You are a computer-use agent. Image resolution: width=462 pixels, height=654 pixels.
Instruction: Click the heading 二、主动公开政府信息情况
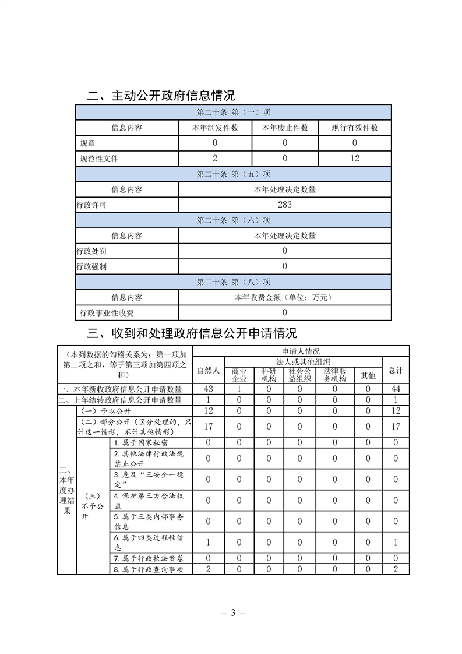click(161, 95)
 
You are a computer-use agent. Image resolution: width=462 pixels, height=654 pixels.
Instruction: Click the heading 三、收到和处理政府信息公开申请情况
click(192, 333)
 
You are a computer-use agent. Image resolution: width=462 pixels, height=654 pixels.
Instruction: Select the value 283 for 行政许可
click(285, 205)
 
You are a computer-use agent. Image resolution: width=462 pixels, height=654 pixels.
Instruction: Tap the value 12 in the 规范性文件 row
click(355, 158)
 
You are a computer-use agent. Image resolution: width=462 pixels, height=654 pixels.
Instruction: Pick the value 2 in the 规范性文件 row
click(215, 158)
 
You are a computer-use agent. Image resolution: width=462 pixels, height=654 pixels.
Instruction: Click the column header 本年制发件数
click(215, 128)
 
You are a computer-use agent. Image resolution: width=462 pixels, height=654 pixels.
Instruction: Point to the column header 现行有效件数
click(355, 128)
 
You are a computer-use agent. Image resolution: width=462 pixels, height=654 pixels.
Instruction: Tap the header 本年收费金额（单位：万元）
click(285, 297)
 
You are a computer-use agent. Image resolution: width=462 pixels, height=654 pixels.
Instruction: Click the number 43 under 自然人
click(208, 389)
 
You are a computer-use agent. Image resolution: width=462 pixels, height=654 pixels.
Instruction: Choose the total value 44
click(396, 389)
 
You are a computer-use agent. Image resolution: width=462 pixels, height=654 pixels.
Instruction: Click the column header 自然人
click(208, 370)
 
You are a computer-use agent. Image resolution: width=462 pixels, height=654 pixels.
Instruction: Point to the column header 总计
click(396, 370)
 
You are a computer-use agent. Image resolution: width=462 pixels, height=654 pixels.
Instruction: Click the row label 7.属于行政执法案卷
click(150, 558)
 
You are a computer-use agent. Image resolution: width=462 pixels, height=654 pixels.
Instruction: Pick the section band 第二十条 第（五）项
click(233, 174)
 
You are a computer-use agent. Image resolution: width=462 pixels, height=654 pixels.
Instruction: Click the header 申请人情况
click(301, 351)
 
